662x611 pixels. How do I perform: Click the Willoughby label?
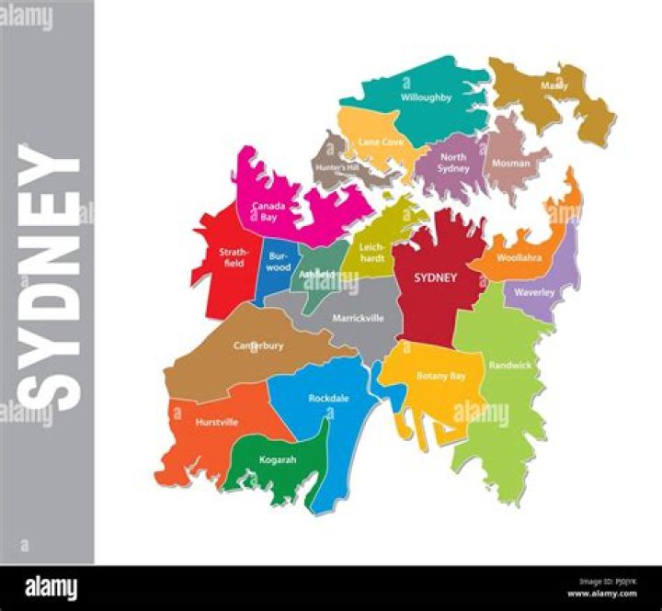click(x=426, y=96)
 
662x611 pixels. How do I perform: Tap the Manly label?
click(x=554, y=85)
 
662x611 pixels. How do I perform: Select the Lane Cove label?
click(x=381, y=141)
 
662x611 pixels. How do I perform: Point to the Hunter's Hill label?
click(x=336, y=168)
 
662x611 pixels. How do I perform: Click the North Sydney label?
click(x=452, y=163)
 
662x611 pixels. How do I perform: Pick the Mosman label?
click(x=511, y=164)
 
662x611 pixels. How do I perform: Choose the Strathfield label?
click(x=230, y=257)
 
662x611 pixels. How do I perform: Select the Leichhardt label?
click(x=373, y=253)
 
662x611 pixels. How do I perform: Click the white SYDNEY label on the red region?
click(x=435, y=277)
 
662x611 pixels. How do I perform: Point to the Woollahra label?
click(x=519, y=258)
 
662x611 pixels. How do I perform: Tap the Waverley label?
click(x=534, y=292)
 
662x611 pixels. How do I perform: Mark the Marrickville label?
click(x=358, y=318)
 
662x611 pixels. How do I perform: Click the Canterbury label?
click(x=257, y=345)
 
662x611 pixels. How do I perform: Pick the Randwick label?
click(x=510, y=365)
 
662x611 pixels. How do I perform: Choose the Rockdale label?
click(x=327, y=398)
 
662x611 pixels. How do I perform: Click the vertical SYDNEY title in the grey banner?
click(x=51, y=277)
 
